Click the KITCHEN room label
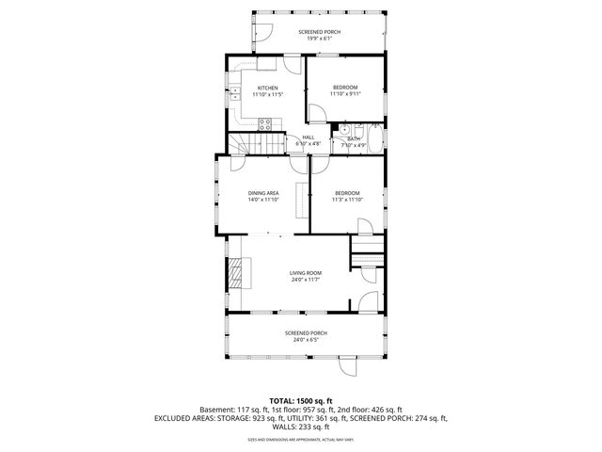pyautogui.click(x=267, y=89)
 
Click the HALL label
pyautogui.click(x=308, y=137)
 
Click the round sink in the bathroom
pyautogui.click(x=345, y=130)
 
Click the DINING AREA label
pyautogui.click(x=263, y=193)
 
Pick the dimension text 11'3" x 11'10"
pyautogui.click(x=348, y=200)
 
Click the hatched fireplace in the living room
pyautogui.click(x=234, y=273)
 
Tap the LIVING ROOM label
pyautogui.click(x=306, y=272)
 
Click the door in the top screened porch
pyautogui.click(x=262, y=35)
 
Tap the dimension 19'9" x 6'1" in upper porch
pyautogui.click(x=320, y=39)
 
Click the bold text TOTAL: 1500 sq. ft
pyautogui.click(x=301, y=401)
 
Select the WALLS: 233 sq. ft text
pyautogui.click(x=301, y=427)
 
